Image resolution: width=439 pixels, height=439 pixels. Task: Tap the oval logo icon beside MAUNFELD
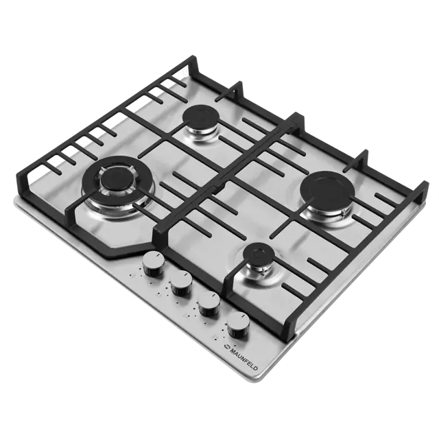(x=226, y=346)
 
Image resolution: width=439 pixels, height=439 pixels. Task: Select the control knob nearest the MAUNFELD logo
(x=238, y=326)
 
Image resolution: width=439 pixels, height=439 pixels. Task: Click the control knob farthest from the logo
(x=153, y=264)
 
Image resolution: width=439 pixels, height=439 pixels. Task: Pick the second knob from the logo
(x=209, y=305)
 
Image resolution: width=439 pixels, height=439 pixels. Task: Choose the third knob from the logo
(x=181, y=283)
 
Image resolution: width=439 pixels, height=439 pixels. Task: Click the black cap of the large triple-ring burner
(x=115, y=180)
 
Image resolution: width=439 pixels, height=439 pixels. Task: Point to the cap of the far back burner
(x=201, y=117)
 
